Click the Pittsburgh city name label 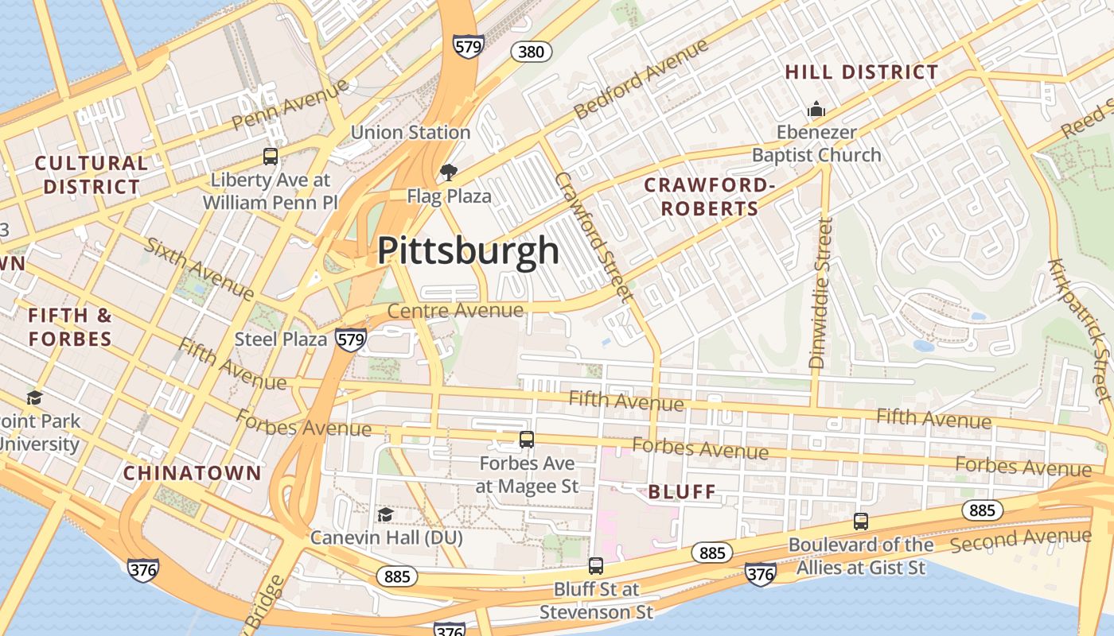click(x=468, y=250)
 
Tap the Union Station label click(x=410, y=132)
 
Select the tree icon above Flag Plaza click(x=449, y=173)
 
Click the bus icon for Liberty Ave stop click(x=271, y=157)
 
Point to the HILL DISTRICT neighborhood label click(x=862, y=72)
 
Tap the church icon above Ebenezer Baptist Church click(x=816, y=109)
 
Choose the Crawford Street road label click(x=594, y=236)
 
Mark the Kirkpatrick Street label click(x=1079, y=329)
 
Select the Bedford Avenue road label click(x=641, y=79)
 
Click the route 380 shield click(x=531, y=52)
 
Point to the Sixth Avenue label click(x=200, y=268)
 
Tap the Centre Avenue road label click(x=456, y=310)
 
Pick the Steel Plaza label click(x=281, y=339)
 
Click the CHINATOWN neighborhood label click(x=192, y=473)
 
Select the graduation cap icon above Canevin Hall click(x=385, y=515)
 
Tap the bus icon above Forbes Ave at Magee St click(x=526, y=440)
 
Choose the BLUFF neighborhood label click(x=682, y=492)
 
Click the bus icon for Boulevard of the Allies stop click(x=860, y=522)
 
